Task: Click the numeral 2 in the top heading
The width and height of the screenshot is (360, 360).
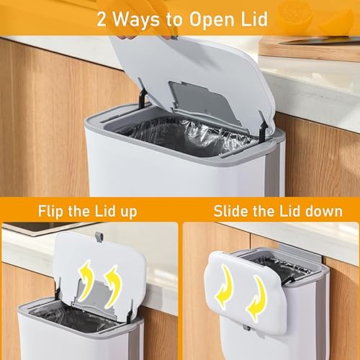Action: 102,19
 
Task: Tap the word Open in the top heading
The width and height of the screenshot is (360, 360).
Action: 212,20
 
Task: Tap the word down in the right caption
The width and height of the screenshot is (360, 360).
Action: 322,211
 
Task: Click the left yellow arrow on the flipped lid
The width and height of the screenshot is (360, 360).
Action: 86,279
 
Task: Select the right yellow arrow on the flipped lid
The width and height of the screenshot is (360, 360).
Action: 113,286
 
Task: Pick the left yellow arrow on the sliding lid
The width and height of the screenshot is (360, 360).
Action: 225,286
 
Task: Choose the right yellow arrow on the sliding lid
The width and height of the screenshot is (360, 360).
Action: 258,299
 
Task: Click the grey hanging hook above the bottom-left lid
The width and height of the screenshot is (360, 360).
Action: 99,237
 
